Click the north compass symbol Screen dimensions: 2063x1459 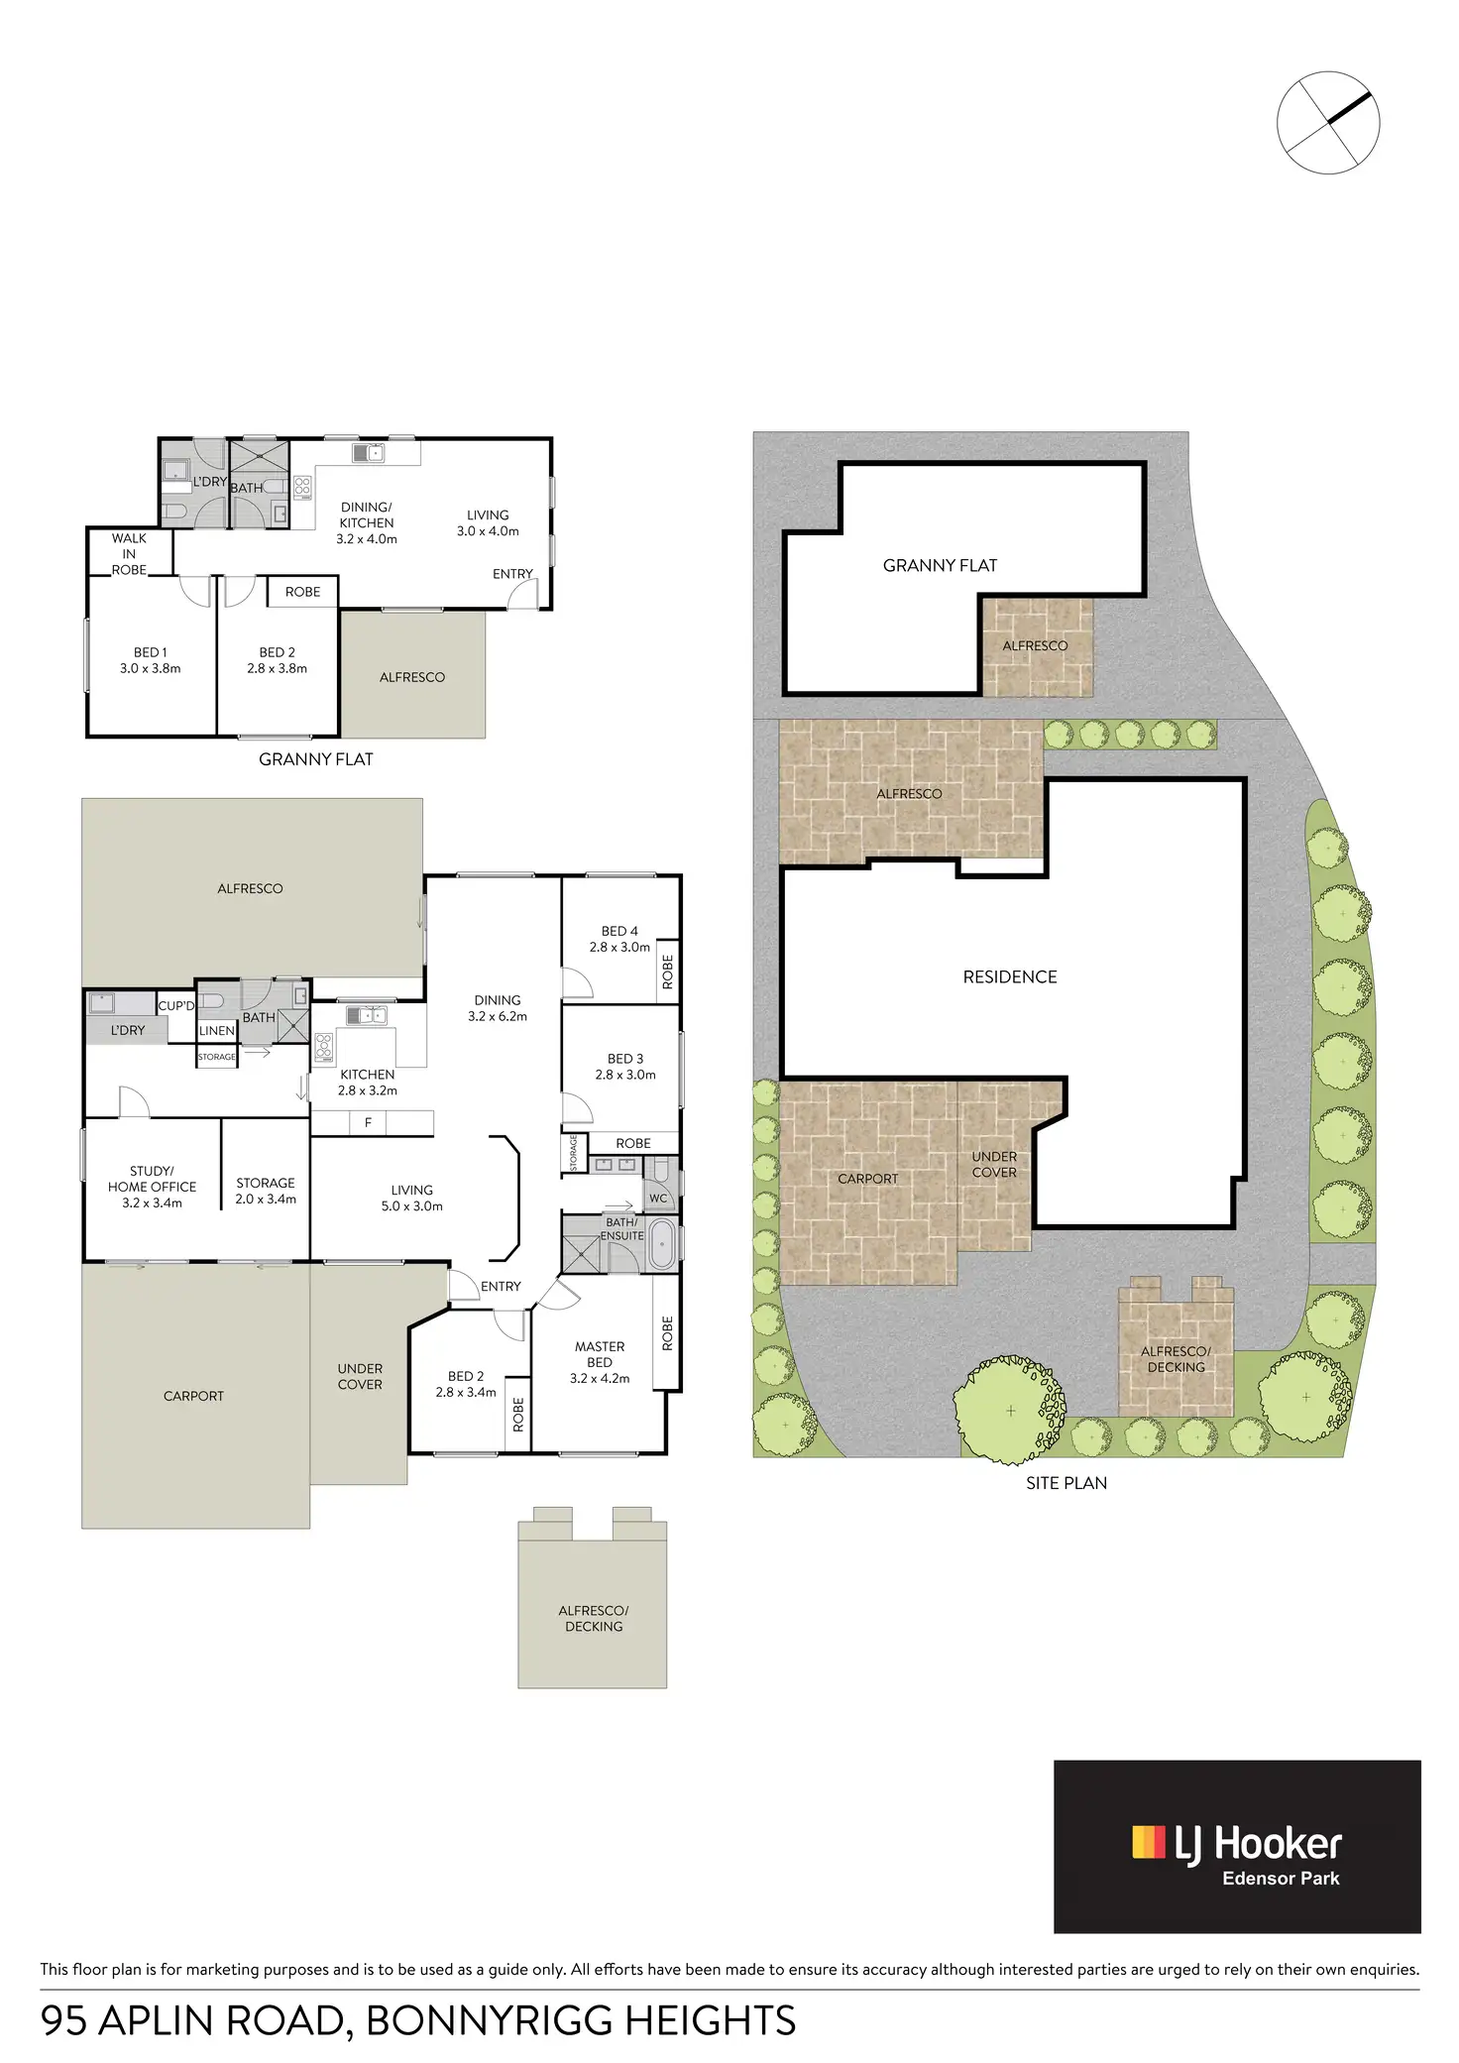[x=1327, y=123]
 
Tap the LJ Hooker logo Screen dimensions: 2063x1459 [x=1237, y=1846]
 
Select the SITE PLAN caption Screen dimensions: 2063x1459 [x=1066, y=1483]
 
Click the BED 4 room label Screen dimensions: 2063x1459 [x=619, y=938]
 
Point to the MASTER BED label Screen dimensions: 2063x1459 [x=599, y=1361]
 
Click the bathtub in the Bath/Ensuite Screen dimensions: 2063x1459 [x=661, y=1245]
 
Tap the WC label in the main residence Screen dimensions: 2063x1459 [x=658, y=1198]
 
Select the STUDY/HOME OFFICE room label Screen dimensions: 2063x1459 [x=152, y=1186]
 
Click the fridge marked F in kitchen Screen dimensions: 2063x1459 [x=368, y=1122]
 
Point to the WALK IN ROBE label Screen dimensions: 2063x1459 [x=129, y=553]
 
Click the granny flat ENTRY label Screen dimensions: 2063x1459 [x=512, y=574]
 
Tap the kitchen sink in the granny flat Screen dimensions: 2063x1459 [x=368, y=453]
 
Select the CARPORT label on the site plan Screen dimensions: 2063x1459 [x=867, y=1179]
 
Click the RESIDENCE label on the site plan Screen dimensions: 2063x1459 [x=1009, y=976]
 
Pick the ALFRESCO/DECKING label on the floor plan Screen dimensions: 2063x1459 [x=593, y=1618]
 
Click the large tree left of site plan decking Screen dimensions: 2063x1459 [x=1009, y=1409]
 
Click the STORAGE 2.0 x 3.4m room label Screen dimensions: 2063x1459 [x=266, y=1191]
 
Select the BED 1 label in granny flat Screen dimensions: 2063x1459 [x=151, y=660]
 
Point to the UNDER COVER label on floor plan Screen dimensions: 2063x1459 [x=359, y=1376]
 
